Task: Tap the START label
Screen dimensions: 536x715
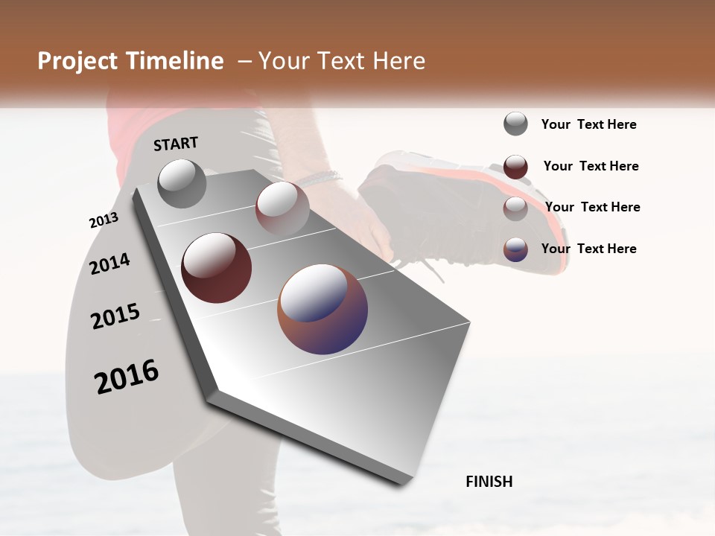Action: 176,144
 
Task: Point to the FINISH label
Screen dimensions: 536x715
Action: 489,482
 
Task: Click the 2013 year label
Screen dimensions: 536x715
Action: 104,220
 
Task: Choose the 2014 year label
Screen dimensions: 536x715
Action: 109,264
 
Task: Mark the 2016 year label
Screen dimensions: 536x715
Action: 127,377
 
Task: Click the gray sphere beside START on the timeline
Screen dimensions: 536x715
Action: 182,183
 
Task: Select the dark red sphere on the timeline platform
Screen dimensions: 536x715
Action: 216,268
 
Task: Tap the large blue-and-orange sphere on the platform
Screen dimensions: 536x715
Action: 322,308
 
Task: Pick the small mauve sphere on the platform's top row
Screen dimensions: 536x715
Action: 282,208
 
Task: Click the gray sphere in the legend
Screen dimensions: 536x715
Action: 515,124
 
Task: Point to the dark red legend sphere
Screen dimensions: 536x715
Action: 515,167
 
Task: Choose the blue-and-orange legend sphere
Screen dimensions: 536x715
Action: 515,249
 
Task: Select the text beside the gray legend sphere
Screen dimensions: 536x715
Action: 589,124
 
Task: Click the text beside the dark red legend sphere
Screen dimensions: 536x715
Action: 591,166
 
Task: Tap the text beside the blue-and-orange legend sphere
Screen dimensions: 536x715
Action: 589,249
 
